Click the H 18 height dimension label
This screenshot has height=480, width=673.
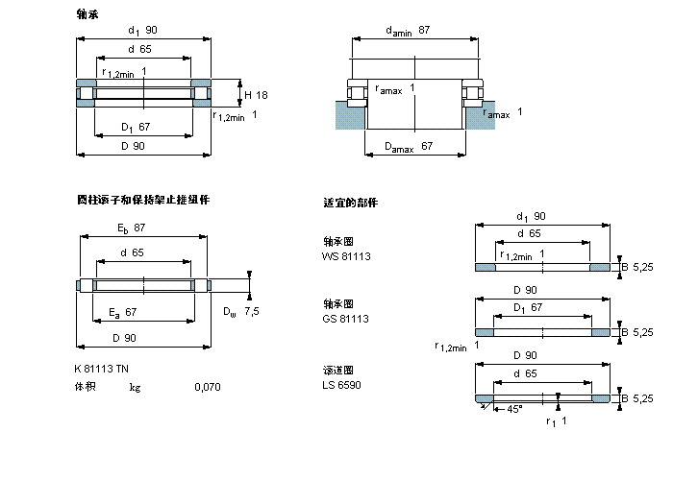[256, 94]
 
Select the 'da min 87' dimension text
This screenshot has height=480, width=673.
[408, 32]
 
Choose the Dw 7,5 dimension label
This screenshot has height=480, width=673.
[242, 311]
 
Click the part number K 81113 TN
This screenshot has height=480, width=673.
[102, 370]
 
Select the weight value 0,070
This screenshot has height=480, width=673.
[206, 387]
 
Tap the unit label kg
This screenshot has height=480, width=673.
[136, 387]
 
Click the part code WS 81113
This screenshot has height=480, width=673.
[346, 256]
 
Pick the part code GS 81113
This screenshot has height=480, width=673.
[346, 318]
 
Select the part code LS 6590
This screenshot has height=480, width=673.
[342, 385]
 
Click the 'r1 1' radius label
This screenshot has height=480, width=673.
[557, 421]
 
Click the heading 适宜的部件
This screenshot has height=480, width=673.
[351, 204]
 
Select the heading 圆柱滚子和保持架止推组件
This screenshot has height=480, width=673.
[143, 200]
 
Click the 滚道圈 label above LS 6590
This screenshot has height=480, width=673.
[338, 371]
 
